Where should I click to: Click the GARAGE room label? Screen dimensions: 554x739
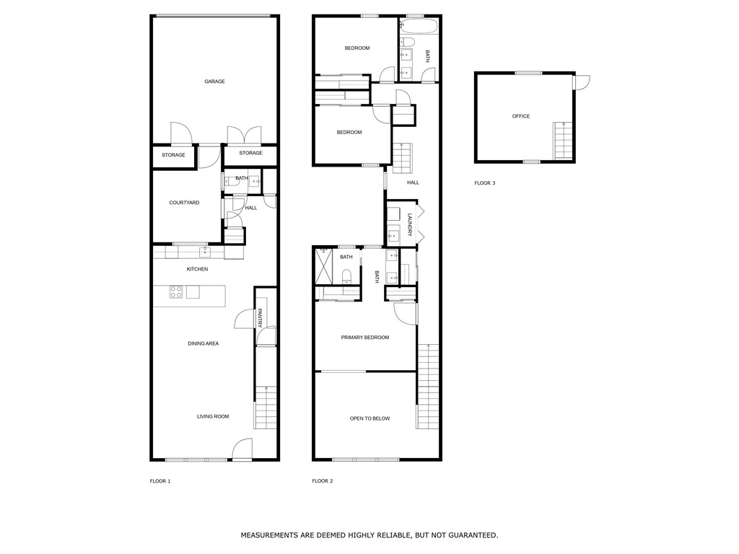pyautogui.click(x=214, y=82)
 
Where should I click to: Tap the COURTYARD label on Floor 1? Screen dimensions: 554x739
pyautogui.click(x=184, y=203)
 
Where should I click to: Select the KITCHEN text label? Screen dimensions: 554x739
pyautogui.click(x=197, y=269)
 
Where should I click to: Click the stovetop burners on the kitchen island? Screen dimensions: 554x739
pyautogui.click(x=175, y=292)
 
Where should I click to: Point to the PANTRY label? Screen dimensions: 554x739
pyautogui.click(x=260, y=318)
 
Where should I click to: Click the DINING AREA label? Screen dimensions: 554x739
pyautogui.click(x=203, y=343)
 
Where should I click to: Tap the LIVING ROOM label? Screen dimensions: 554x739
pyautogui.click(x=213, y=416)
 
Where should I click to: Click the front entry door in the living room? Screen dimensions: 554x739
pyautogui.click(x=242, y=450)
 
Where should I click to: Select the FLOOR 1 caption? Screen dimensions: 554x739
pyautogui.click(x=159, y=481)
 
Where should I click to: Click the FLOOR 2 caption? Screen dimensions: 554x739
pyautogui.click(x=322, y=481)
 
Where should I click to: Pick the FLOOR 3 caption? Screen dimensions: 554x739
pyautogui.click(x=484, y=183)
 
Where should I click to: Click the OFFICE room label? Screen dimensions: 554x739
pyautogui.click(x=520, y=116)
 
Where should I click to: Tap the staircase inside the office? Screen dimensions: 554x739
pyautogui.click(x=563, y=141)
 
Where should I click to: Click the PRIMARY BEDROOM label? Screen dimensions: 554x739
pyautogui.click(x=364, y=338)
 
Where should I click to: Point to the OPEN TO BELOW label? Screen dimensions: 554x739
pyautogui.click(x=369, y=418)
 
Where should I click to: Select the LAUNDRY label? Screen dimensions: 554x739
pyautogui.click(x=409, y=224)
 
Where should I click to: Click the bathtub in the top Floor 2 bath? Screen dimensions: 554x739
pyautogui.click(x=419, y=27)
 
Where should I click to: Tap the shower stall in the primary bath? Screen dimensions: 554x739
pyautogui.click(x=326, y=267)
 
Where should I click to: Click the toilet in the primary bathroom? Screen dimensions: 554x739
pyautogui.click(x=346, y=276)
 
